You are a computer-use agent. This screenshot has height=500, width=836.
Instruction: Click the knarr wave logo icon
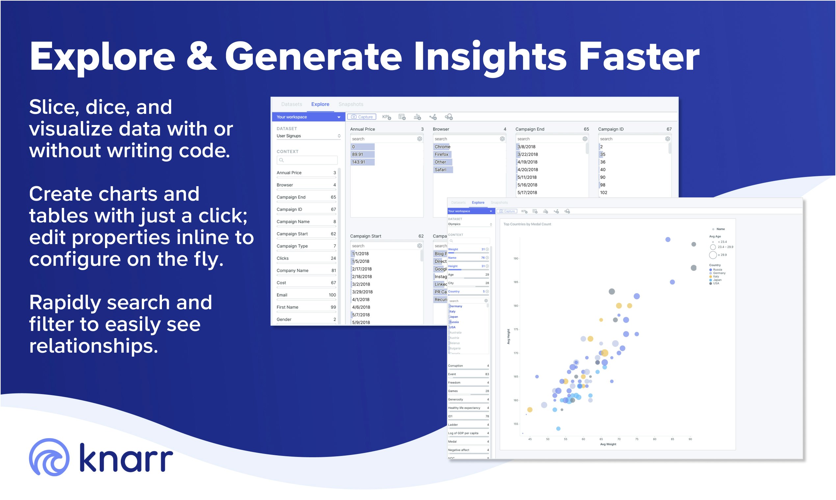click(x=49, y=457)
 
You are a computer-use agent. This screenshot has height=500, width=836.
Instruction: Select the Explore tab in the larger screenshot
click(x=320, y=104)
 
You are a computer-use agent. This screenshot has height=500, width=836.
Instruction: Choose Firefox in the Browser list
click(x=441, y=154)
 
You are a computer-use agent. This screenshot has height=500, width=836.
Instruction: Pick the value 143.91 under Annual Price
click(x=358, y=162)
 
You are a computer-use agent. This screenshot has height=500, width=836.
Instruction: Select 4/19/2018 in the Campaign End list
click(x=527, y=162)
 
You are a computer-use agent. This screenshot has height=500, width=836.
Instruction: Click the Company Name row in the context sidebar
click(x=292, y=270)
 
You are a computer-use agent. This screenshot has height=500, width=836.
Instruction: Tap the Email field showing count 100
click(x=306, y=295)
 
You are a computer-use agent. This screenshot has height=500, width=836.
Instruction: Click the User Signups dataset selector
click(x=307, y=136)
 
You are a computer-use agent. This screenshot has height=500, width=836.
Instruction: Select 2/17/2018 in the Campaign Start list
click(x=362, y=269)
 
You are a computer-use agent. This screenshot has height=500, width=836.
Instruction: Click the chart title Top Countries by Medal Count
click(x=527, y=224)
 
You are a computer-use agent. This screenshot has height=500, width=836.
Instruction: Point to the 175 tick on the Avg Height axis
click(x=516, y=330)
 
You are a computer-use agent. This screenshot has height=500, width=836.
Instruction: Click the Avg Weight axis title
click(x=608, y=444)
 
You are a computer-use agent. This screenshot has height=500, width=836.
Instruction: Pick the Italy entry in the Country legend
click(x=716, y=277)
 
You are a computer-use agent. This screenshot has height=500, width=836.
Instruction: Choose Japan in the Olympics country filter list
click(x=454, y=317)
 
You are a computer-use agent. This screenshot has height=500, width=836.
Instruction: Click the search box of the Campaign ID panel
click(x=630, y=139)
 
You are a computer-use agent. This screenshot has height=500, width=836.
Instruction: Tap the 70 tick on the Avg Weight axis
click(x=618, y=439)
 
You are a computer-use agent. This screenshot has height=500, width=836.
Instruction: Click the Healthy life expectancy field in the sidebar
click(x=464, y=408)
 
